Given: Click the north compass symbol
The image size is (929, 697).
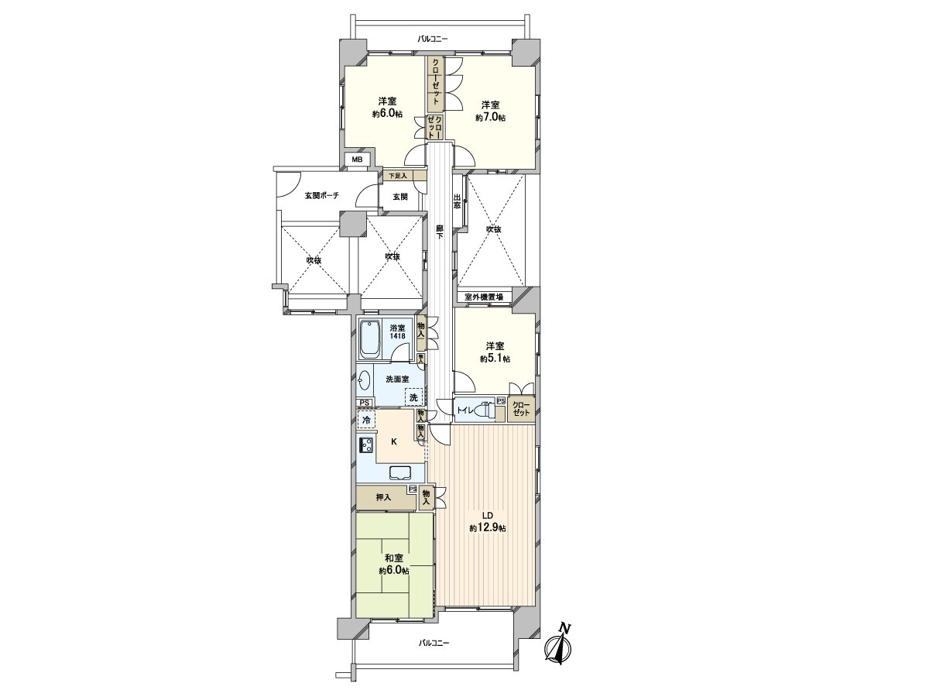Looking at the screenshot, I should click(x=559, y=645).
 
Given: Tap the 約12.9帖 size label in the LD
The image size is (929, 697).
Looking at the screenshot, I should click(x=487, y=528).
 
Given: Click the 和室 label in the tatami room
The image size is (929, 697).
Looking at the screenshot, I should click(x=394, y=558).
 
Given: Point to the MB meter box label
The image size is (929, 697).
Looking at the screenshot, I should click(x=357, y=160).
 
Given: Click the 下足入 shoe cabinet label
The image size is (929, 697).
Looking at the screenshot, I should click(x=396, y=176).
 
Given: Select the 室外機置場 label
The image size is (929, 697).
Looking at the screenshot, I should click(x=484, y=297).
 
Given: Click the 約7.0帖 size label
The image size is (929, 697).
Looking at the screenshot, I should click(x=490, y=118).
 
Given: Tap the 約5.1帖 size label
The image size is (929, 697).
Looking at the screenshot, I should click(x=494, y=359).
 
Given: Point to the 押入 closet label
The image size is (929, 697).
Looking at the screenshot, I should click(x=383, y=496).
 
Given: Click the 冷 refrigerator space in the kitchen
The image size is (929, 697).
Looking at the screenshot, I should click(x=365, y=421).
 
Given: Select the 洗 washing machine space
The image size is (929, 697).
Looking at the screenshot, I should click(x=413, y=397).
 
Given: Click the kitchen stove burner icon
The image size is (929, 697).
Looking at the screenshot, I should click(x=365, y=446).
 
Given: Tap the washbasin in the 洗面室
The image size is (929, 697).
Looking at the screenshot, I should click(x=365, y=379).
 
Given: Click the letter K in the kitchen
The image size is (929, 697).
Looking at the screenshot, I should click(x=393, y=442).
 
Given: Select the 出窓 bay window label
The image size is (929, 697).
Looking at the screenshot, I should click(x=458, y=202).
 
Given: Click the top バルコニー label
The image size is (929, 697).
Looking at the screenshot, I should click(x=433, y=38).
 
